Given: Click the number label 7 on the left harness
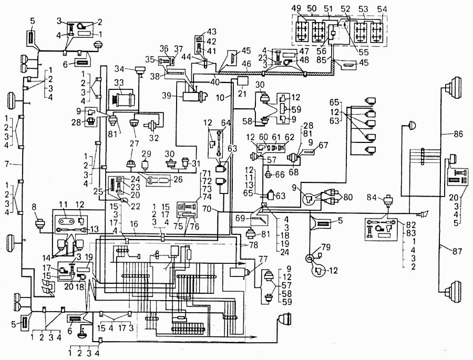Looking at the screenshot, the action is (x=7, y=164).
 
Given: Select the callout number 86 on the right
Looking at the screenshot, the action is (x=458, y=133).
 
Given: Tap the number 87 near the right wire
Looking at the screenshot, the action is (x=457, y=251).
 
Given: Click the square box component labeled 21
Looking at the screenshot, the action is (x=243, y=81).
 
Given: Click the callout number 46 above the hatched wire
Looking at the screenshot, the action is (x=247, y=64).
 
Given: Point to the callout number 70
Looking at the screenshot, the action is (x=207, y=209).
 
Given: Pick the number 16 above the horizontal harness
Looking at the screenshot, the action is (x=134, y=223).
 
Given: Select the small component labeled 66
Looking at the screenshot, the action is (x=268, y=174).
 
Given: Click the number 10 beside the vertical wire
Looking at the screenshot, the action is (x=221, y=97).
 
